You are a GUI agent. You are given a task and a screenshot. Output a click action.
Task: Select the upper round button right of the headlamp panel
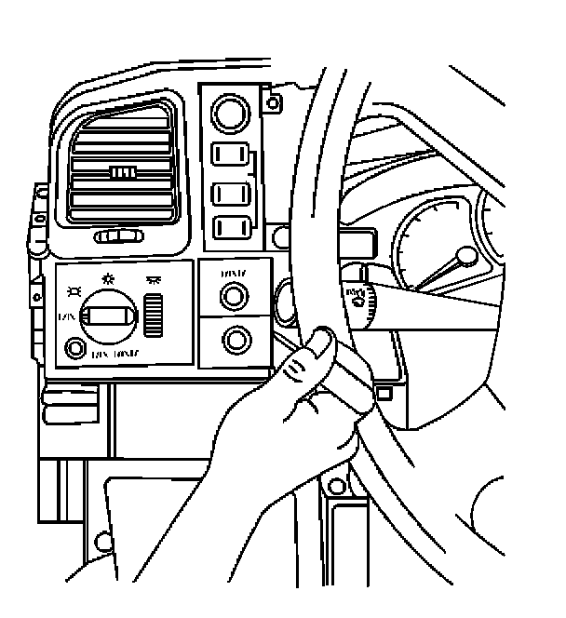[234, 296]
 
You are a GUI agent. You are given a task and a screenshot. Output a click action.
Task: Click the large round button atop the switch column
[228, 115]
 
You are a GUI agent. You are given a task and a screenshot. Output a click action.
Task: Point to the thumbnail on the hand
[322, 342]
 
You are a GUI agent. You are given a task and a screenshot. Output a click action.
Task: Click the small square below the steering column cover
[383, 392]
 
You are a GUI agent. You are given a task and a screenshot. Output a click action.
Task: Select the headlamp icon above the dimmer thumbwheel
[155, 278]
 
